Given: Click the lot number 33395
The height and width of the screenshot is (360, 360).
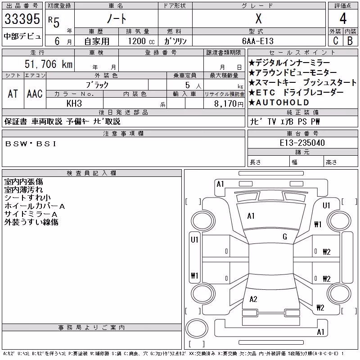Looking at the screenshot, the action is pyautogui.click(x=22, y=19).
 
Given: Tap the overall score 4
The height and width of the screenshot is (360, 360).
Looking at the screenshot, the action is pyautogui.click(x=343, y=18).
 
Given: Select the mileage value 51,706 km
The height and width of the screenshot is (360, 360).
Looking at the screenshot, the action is pyautogui.click(x=49, y=64).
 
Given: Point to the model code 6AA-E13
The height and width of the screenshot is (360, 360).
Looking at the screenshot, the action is pyautogui.click(x=258, y=41).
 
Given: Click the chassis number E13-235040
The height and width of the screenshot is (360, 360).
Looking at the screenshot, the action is pyautogui.click(x=302, y=143).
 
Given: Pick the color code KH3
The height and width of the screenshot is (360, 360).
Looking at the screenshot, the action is pyautogui.click(x=74, y=103).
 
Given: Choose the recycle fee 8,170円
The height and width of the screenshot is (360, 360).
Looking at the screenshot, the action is pyautogui.click(x=229, y=104).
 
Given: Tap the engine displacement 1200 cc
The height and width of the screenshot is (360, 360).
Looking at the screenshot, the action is pyautogui.click(x=141, y=41).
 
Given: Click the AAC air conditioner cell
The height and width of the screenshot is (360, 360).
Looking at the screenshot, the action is pyautogui.click(x=35, y=94).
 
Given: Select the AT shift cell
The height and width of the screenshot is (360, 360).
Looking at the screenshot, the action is pyautogui.click(x=13, y=94).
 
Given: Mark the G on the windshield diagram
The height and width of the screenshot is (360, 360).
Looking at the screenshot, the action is pyautogui.click(x=285, y=237).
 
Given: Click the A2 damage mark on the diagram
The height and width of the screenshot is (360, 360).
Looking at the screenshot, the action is pyautogui.click(x=253, y=299).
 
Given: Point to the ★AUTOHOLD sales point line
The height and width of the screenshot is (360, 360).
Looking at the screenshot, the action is pyautogui.click(x=279, y=103).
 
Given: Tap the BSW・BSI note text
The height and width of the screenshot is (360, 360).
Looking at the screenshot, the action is pyautogui.click(x=31, y=144).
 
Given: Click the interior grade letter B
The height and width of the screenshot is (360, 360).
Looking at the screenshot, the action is pyautogui.click(x=350, y=41).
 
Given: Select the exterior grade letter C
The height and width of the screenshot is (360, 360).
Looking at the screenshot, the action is pyautogui.click(x=336, y=41).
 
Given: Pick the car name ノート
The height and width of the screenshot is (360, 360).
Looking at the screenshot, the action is pyautogui.click(x=117, y=19).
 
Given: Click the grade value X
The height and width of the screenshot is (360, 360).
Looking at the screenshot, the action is pyautogui.click(x=258, y=18).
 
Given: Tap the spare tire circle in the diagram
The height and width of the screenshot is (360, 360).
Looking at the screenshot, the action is pyautogui.click(x=197, y=328).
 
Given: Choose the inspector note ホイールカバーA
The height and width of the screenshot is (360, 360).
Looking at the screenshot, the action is pyautogui.click(x=35, y=206).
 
